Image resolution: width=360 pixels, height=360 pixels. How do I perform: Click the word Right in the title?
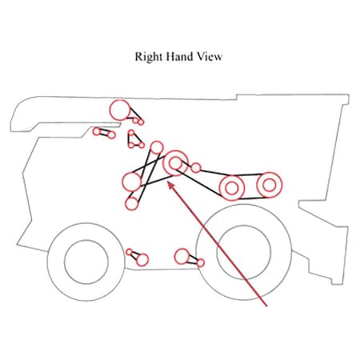click(x=149, y=57)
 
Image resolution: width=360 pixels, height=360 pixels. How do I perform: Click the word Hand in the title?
click(x=179, y=57)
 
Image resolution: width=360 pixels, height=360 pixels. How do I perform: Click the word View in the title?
click(x=210, y=57)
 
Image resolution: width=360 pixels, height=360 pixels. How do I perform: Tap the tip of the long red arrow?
click(x=168, y=182)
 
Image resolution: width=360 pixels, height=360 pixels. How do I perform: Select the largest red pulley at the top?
click(x=120, y=110)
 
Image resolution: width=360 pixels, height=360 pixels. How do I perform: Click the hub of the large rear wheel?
click(x=244, y=252)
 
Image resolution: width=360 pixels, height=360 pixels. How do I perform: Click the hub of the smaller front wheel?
click(x=86, y=262)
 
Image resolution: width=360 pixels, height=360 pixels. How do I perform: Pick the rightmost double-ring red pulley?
click(x=270, y=185)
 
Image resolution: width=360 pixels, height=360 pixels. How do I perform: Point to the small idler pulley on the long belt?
click(x=196, y=168)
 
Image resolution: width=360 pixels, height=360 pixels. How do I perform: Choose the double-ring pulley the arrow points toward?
click(x=175, y=163)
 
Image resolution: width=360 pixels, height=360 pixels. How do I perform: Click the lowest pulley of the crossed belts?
click(x=131, y=204)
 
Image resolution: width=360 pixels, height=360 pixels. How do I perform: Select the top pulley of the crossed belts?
click(x=157, y=148)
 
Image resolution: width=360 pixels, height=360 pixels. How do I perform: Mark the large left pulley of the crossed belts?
click(x=131, y=182)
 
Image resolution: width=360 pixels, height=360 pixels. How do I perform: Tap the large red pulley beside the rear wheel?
click(x=182, y=256)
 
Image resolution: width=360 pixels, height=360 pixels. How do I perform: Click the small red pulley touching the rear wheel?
click(x=201, y=263)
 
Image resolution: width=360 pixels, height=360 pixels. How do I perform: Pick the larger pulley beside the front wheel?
click(x=142, y=260)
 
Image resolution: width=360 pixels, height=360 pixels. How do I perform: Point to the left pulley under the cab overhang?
click(x=97, y=131)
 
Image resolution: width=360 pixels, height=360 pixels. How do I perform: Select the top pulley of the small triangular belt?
click(x=131, y=133)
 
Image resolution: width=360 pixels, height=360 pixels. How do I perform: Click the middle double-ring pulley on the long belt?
click(x=231, y=188)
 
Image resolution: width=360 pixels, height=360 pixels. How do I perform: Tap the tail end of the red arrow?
click(x=266, y=306)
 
